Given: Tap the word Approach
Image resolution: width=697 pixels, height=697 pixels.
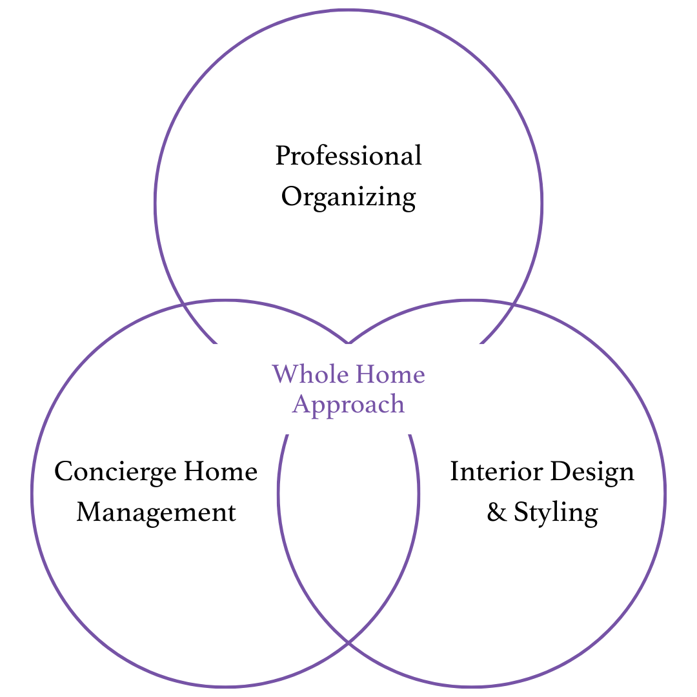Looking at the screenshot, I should point(348,405).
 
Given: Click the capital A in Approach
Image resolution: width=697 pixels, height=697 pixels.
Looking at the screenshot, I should point(301,404).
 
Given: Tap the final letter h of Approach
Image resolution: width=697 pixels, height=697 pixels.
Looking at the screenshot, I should point(397,404).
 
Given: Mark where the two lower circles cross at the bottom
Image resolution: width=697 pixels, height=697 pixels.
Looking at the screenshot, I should point(348,642).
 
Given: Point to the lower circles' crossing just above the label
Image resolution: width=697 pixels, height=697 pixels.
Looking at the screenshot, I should point(348,343).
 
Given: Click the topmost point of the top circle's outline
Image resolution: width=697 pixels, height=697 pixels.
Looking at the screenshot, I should point(348,10).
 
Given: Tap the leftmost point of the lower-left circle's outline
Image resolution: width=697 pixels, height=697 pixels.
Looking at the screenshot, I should point(32,494).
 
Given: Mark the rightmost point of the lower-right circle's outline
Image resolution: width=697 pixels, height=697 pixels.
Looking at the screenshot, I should point(665,494).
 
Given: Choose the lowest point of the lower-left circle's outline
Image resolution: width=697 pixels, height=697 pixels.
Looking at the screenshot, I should point(225,687).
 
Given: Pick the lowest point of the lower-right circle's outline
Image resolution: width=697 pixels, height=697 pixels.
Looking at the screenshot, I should point(472,687).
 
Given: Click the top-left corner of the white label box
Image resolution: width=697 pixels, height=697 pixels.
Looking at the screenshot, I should point(208,345).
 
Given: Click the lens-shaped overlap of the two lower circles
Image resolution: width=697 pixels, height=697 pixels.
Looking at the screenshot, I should point(348,529).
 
